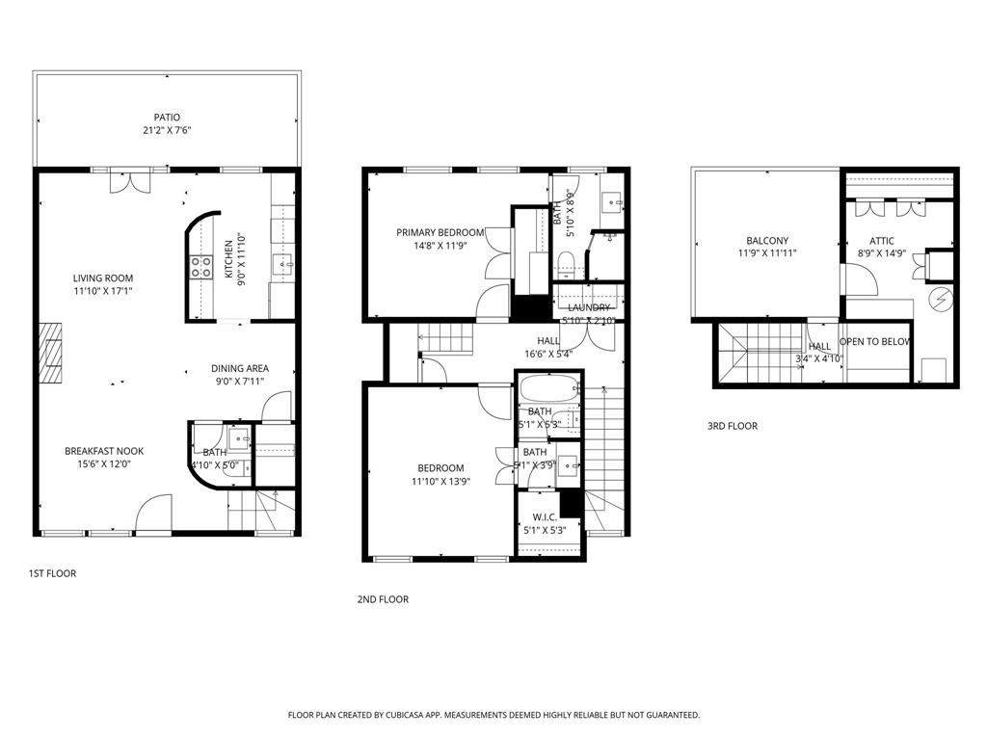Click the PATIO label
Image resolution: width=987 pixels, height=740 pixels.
[166, 118]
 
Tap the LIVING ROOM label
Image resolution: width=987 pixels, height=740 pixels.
[102, 278]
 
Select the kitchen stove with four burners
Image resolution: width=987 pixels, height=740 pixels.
[201, 267]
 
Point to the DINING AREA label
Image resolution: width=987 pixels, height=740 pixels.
[240, 368]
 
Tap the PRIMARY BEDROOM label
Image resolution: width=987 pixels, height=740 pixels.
[440, 232]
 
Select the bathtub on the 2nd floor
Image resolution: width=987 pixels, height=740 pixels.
[548, 390]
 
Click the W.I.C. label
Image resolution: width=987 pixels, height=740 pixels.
[545, 515]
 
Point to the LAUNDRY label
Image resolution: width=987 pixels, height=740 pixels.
[589, 307]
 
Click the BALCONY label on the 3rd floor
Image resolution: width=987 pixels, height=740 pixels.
[767, 241]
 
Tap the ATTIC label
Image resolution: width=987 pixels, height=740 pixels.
[882, 241]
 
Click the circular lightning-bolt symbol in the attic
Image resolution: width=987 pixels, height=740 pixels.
[940, 299]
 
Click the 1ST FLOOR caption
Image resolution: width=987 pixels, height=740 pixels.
[52, 573]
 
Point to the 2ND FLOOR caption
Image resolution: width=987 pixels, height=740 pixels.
[383, 599]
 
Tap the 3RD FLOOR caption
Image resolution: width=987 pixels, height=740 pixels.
[732, 426]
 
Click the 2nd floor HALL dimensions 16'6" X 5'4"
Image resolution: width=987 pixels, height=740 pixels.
[548, 354]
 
